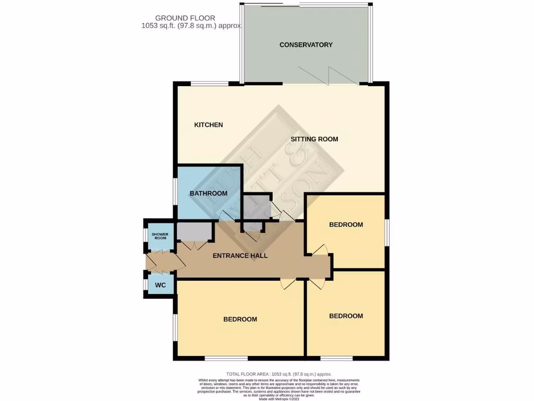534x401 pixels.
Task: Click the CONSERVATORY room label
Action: coord(306,45)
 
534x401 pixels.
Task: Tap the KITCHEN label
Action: coord(209,125)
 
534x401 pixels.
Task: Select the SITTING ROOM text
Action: coord(314,139)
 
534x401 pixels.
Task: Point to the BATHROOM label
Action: coord(208,193)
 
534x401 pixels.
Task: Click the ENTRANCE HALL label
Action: coord(240,256)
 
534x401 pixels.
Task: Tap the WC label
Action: coord(160,286)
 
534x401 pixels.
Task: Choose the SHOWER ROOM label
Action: coord(160,236)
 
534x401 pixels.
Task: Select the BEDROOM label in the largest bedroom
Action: coord(240,319)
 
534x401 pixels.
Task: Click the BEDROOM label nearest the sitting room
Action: coord(346,225)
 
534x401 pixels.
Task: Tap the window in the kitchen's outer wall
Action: coord(209,83)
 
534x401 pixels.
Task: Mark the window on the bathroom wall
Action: coord(175,194)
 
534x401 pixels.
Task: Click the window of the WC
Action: coord(145,285)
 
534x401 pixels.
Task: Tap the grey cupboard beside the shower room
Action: coord(194,230)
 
